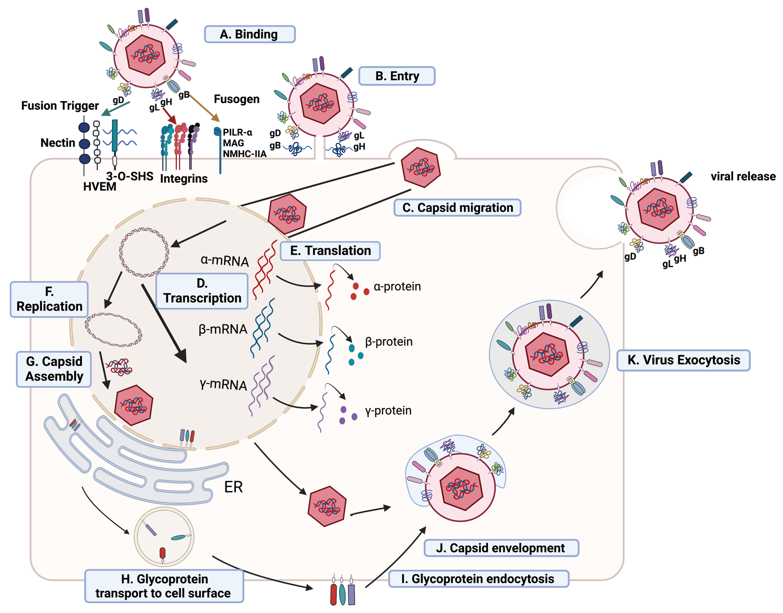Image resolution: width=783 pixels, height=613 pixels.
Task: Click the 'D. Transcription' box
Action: click(202, 291)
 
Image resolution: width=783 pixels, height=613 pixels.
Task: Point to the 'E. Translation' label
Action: click(330, 251)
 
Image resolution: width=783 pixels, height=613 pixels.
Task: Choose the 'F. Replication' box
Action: click(49, 299)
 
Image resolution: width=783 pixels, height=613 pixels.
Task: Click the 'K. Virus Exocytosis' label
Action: click(683, 360)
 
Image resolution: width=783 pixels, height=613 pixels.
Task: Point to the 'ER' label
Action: click(233, 487)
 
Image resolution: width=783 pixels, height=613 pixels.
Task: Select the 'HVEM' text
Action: click(100, 187)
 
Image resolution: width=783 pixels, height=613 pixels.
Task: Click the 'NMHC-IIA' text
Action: click(244, 154)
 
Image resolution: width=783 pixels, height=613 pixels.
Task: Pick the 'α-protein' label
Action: click(397, 286)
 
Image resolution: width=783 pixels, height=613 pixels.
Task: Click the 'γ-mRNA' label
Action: click(223, 384)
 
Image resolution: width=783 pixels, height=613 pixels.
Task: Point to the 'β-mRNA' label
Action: click(223, 329)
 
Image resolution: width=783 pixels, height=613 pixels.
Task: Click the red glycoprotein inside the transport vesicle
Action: click(162, 553)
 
